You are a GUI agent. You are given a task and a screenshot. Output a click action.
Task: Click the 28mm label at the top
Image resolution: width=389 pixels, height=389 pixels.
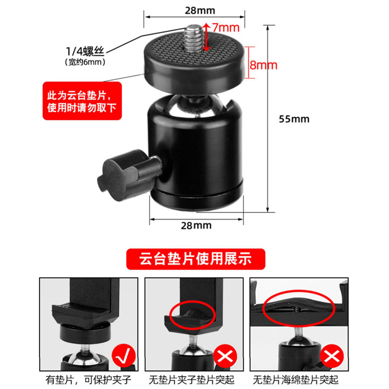[200, 10]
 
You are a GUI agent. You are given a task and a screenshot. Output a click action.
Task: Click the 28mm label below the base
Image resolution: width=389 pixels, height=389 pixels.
[196, 226]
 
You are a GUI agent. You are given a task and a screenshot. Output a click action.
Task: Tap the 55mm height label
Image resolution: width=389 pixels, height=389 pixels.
[294, 119]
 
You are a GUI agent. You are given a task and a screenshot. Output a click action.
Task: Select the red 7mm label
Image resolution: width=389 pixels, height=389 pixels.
[226, 28]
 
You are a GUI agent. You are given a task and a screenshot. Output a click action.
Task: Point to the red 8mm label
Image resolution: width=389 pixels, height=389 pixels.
[264, 65]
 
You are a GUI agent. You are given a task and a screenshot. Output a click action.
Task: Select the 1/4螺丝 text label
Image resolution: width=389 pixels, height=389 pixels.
[85, 51]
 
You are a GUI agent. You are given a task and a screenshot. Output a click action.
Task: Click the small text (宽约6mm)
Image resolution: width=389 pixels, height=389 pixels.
[85, 62]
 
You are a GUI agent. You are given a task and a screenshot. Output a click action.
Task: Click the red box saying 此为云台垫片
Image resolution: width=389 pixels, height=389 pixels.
[82, 101]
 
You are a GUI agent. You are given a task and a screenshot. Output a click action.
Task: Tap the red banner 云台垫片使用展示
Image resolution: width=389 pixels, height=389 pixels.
[196, 259]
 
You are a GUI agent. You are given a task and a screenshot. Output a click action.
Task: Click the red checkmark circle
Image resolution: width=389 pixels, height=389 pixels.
[124, 356]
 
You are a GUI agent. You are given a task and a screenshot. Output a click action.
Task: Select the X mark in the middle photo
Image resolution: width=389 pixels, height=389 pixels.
[225, 356]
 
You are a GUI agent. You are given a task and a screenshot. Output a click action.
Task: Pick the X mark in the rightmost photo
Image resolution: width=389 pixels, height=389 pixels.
[332, 356]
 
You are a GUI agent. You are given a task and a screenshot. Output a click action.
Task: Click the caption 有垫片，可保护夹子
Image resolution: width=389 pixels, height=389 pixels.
[88, 380]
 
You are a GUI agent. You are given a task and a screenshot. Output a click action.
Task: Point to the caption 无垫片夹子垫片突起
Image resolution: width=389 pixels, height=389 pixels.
[192, 380]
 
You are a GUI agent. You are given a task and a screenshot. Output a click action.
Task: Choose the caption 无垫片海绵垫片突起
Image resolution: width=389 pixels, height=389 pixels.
[296, 380]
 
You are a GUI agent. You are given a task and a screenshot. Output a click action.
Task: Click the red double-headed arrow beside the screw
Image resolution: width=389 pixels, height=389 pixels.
[206, 37]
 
